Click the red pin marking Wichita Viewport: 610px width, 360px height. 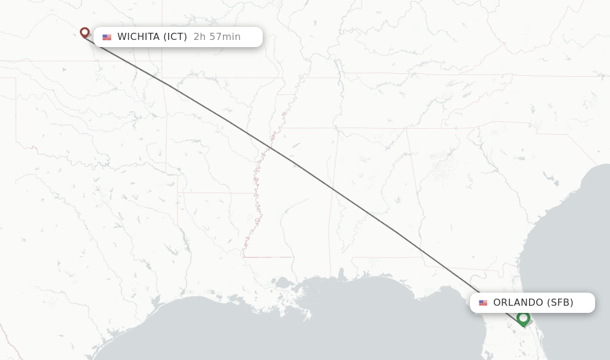click(85, 32)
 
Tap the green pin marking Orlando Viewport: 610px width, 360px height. click(523, 318)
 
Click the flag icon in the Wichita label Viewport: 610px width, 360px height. click(107, 37)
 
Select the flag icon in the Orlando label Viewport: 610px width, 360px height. click(483, 303)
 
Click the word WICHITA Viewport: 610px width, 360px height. click(138, 37)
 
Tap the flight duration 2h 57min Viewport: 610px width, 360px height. click(217, 37)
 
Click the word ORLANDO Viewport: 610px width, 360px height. click(518, 303)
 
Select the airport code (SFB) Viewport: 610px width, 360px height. click(560, 303)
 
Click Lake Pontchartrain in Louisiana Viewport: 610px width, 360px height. click(282, 282)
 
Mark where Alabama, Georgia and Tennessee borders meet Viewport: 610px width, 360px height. click(406, 128)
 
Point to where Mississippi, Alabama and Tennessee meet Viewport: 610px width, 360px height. click(338, 128)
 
